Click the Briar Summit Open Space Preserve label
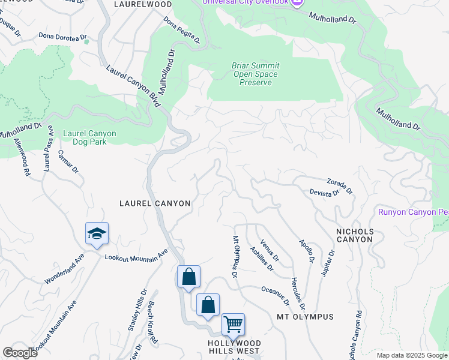pos(255,74)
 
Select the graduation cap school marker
pos(97,233)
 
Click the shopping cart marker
pos(233,325)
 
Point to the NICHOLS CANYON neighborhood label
pos(355,235)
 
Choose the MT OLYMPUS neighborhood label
pos(304,316)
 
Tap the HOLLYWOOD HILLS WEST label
pos(234,346)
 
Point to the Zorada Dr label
pos(340,185)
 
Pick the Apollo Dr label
pos(306,251)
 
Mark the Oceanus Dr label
pos(275,294)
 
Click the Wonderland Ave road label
pos(64,272)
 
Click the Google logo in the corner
pos(20,352)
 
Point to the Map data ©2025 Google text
pos(411,355)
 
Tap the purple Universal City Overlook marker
pos(297,3)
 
